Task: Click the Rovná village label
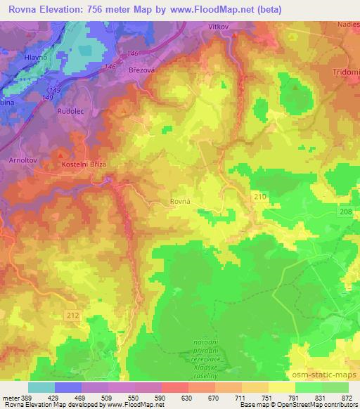tap(181, 202)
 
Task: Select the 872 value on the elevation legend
tap(347, 398)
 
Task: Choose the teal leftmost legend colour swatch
tap(41, 387)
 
